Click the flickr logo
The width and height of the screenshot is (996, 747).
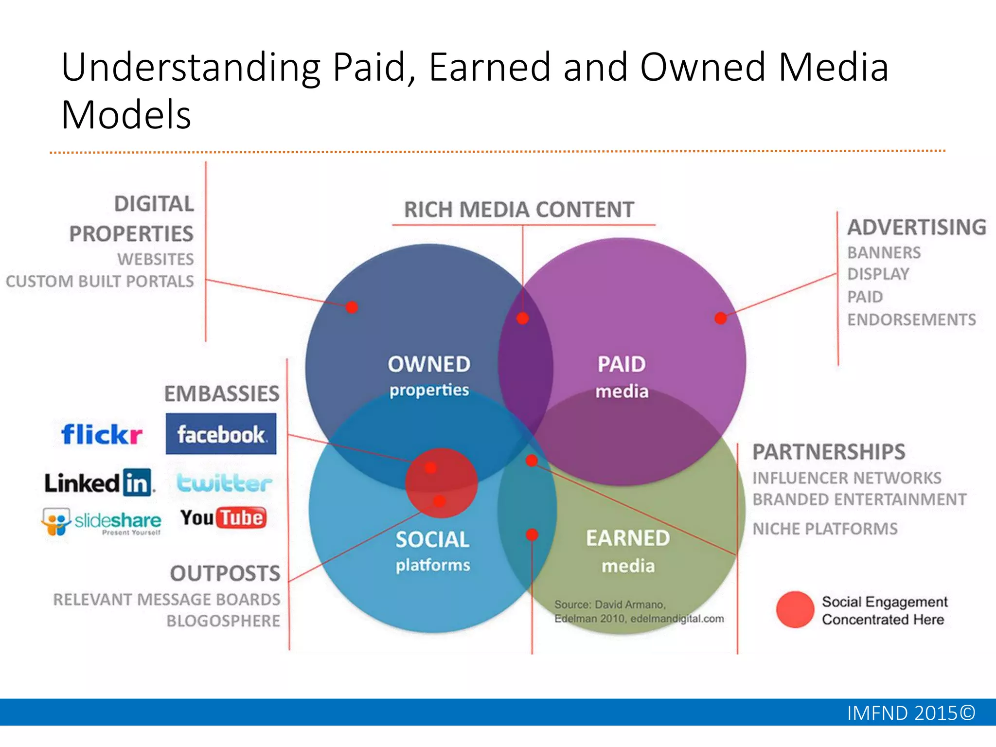102,434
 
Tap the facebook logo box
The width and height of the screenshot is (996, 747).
221,434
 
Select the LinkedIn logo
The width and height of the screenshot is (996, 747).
99,483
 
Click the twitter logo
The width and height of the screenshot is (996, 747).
224,483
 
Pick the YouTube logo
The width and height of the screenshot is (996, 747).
223,518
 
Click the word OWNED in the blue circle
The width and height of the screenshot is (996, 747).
429,364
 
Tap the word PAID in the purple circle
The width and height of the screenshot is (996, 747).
621,364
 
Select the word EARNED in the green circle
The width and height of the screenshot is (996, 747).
628,538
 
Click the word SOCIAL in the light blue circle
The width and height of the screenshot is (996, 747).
432,540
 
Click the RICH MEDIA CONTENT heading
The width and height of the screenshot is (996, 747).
519,210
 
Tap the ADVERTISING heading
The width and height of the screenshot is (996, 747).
916,228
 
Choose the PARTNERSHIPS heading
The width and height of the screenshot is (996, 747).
829,452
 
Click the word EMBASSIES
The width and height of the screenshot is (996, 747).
222,394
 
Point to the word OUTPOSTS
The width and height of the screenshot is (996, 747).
225,573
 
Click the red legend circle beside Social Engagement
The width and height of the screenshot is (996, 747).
795,609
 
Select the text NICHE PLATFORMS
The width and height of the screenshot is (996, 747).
825,529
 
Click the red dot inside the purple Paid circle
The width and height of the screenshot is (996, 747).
720,318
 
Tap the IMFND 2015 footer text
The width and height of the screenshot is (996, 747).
911,713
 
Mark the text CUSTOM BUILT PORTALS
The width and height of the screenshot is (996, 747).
100,282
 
